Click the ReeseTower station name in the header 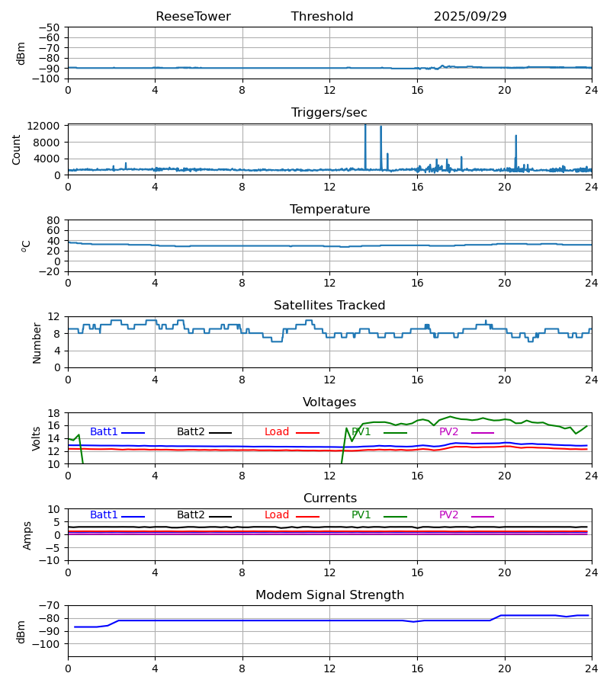[193, 17]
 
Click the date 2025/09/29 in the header [470, 17]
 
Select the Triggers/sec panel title [329, 113]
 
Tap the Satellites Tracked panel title [329, 306]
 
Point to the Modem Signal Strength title [329, 595]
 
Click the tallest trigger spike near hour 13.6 [365, 127]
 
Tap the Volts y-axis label [37, 438]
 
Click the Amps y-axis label [28, 535]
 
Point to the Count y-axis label [17, 149]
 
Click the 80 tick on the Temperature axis [53, 220]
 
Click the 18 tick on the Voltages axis [53, 413]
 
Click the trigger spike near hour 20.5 [516, 136]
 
